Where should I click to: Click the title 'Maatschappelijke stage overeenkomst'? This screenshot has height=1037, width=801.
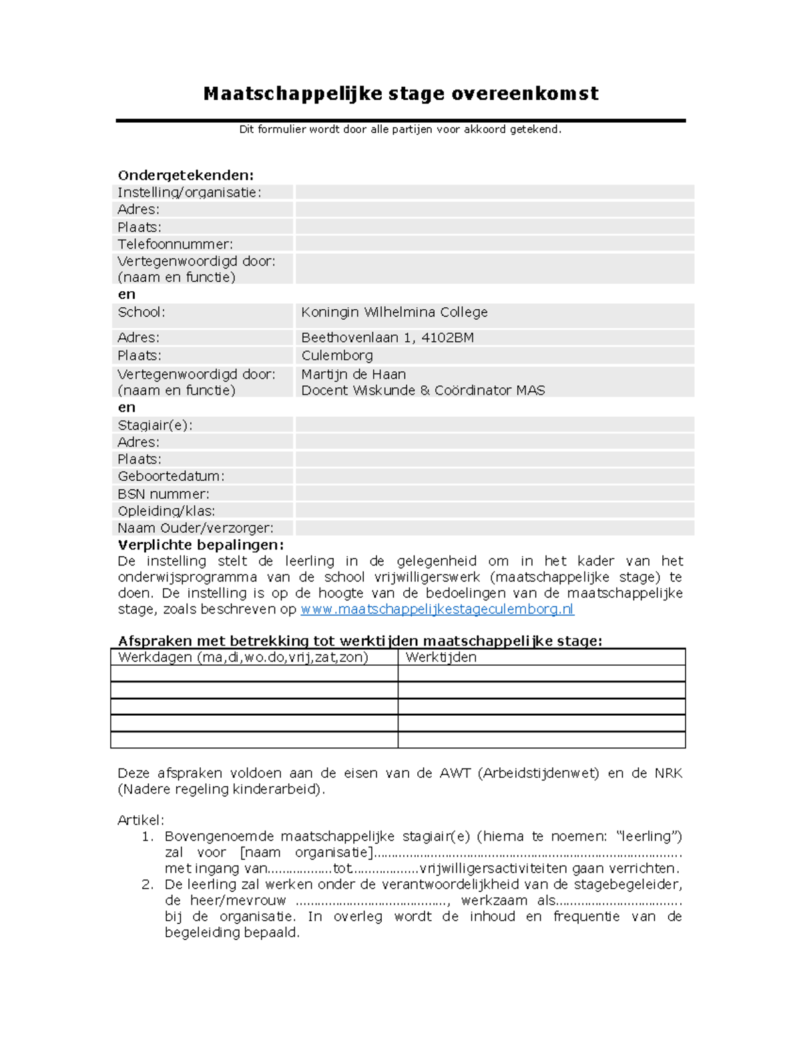tap(400, 93)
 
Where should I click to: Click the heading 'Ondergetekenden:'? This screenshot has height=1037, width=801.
tap(186, 176)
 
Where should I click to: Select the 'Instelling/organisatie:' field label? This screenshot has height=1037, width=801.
tap(190, 193)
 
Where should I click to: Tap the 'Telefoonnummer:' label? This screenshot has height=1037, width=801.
tap(175, 244)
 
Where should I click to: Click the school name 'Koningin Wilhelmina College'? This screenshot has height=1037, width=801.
tap(394, 313)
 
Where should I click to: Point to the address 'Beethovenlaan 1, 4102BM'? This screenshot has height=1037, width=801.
tap(387, 338)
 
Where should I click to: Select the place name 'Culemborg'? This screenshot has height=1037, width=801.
tap(336, 356)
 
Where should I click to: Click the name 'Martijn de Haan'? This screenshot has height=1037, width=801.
tap(353, 375)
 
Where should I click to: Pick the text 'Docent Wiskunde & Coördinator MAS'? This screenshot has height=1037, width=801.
tap(423, 391)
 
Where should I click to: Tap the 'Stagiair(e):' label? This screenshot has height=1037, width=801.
tap(155, 425)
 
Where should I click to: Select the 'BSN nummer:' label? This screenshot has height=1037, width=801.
tap(164, 494)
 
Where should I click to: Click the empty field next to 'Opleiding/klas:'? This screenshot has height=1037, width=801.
tap(494, 511)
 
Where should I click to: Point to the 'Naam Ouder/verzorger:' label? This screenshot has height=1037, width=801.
tap(196, 528)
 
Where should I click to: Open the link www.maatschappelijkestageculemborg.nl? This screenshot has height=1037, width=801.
tap(437, 610)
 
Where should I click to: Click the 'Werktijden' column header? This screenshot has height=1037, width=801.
tap(441, 658)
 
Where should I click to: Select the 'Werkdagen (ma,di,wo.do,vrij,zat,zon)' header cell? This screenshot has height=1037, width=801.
tap(243, 658)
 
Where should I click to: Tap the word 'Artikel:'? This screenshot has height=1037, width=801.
tap(141, 821)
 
